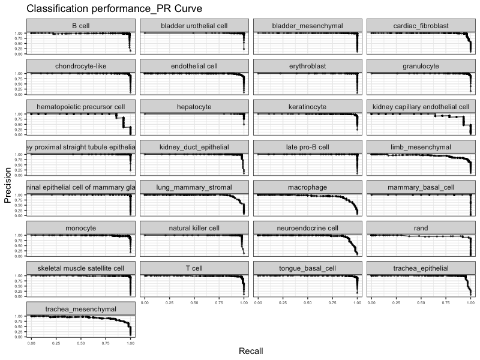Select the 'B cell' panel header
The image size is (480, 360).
click(x=81, y=26)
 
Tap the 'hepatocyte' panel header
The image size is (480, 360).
click(x=194, y=107)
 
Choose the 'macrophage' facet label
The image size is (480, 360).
click(x=307, y=187)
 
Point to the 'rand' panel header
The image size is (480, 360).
click(x=421, y=228)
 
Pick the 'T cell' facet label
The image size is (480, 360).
click(x=194, y=268)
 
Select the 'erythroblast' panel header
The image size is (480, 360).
click(x=307, y=66)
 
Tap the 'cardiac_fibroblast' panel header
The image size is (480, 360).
click(x=421, y=26)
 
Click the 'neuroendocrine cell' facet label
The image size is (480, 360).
click(x=307, y=228)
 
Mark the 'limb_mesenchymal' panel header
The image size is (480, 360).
click(x=421, y=147)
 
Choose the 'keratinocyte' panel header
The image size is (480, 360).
click(x=307, y=107)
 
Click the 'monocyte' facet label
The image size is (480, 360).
click(x=81, y=228)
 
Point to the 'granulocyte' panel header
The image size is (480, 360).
click(x=421, y=66)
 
